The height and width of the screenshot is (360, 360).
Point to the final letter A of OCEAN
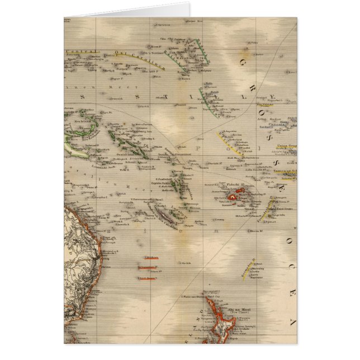[291, 321]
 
